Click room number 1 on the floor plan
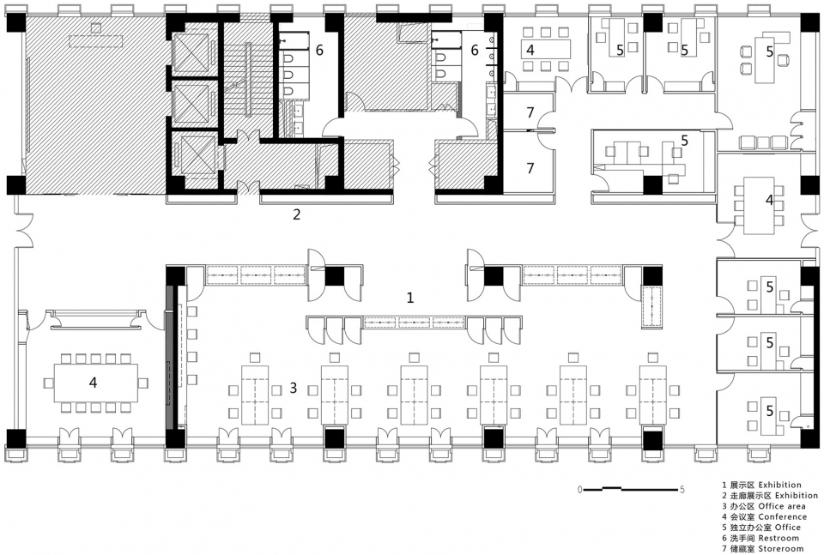[x=410, y=298]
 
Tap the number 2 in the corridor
[x=296, y=214]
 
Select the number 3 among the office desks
[x=294, y=388]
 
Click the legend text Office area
[x=782, y=506]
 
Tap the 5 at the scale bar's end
[x=682, y=490]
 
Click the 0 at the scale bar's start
[x=579, y=490]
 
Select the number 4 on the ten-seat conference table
[x=93, y=383]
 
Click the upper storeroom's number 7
[x=530, y=112]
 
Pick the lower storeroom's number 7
[x=530, y=168]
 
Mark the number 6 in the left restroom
[x=319, y=50]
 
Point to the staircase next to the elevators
[x=248, y=79]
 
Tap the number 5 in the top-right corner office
[x=770, y=51]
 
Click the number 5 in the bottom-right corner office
[x=770, y=410]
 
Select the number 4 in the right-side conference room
[x=769, y=200]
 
